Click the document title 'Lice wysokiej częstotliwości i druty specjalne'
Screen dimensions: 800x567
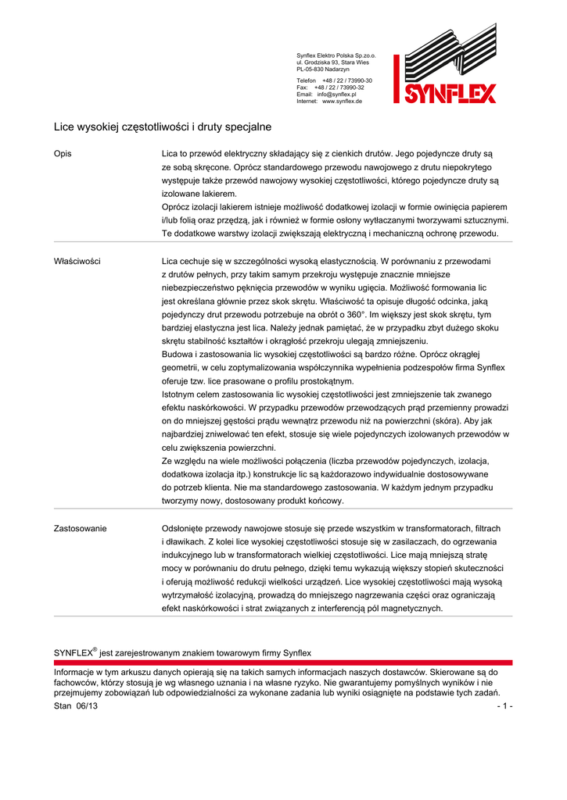(x=162, y=126)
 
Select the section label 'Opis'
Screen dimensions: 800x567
(x=63, y=155)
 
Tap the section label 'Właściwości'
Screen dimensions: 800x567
(x=77, y=261)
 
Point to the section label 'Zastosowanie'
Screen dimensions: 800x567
(x=80, y=529)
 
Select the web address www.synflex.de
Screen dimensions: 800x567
(x=342, y=101)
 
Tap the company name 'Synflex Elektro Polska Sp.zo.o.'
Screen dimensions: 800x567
(x=336, y=55)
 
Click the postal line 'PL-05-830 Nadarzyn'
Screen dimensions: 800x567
(x=323, y=69)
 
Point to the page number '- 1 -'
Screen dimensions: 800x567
(x=504, y=705)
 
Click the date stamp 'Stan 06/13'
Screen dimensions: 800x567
(x=76, y=705)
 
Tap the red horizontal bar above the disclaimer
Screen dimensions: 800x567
(x=283, y=662)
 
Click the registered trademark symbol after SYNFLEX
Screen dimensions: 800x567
(x=95, y=648)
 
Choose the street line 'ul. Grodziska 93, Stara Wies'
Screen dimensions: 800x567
(x=332, y=62)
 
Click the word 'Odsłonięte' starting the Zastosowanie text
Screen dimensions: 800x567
(x=185, y=529)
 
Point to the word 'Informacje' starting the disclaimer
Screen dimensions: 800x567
(x=76, y=672)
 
